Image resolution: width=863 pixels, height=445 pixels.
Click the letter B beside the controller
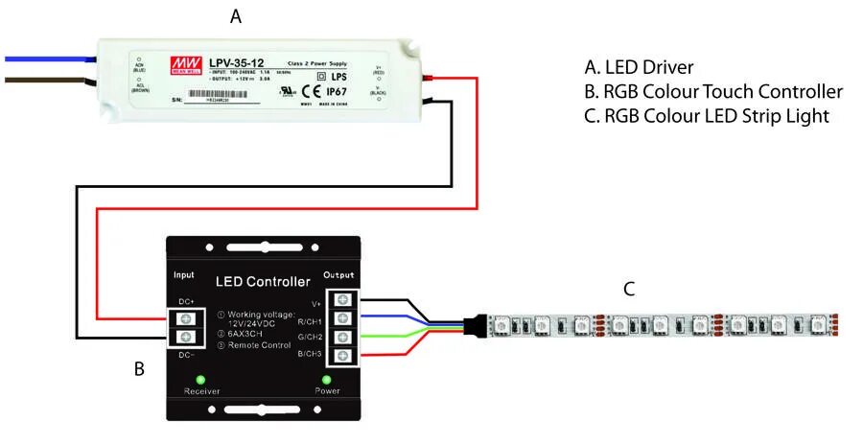click(x=139, y=367)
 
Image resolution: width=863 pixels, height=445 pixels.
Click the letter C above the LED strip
click(x=629, y=288)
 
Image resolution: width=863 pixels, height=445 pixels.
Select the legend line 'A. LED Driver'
click(x=639, y=67)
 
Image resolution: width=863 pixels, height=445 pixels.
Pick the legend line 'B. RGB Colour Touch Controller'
click(x=713, y=92)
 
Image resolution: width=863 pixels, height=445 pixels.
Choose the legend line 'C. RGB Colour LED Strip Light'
click(x=707, y=117)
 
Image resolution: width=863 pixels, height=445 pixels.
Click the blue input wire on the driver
click(x=48, y=59)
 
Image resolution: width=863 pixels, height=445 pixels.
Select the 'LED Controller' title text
click(x=262, y=282)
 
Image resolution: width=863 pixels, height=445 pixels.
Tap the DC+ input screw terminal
click(x=189, y=317)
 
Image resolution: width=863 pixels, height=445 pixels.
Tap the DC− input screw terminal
click(x=189, y=337)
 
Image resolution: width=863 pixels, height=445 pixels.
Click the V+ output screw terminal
click(x=341, y=298)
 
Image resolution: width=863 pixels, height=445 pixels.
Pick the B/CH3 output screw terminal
click(x=341, y=357)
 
